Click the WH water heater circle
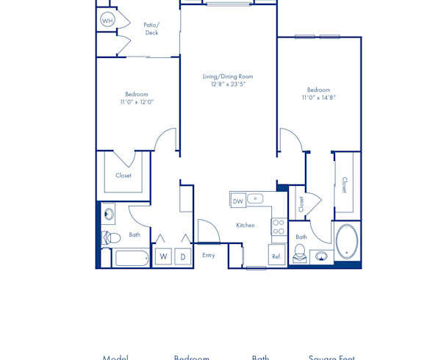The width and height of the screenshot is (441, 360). (x=107, y=21)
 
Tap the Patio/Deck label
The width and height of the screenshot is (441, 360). (x=151, y=29)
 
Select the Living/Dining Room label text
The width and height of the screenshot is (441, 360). (x=228, y=76)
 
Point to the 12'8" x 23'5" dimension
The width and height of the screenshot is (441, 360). (x=228, y=84)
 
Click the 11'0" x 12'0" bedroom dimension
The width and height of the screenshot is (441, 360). (x=137, y=102)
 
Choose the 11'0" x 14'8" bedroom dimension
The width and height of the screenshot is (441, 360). (x=318, y=98)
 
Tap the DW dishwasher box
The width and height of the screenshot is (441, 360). (x=237, y=201)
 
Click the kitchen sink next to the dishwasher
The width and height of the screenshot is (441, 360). (x=255, y=198)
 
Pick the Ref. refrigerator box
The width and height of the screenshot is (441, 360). (x=277, y=256)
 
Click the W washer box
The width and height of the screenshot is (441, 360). (x=163, y=256)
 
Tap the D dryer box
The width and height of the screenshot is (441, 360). (x=183, y=256)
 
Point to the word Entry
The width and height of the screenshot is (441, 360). (x=209, y=255)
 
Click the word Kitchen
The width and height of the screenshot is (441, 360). (x=245, y=225)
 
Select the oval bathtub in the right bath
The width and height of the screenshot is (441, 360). (x=347, y=241)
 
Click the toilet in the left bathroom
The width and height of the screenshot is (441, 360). (x=111, y=237)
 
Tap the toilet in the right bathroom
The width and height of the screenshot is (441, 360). (x=299, y=253)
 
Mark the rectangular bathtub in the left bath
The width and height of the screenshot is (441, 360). (x=132, y=259)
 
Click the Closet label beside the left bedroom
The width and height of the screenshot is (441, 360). (x=123, y=176)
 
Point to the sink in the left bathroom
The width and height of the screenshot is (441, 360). (x=109, y=215)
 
